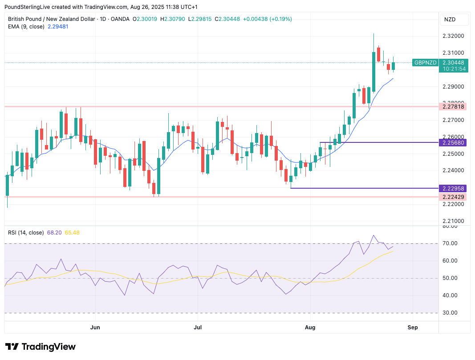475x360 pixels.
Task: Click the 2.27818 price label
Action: [453, 106]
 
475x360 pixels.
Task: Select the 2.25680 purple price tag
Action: [453, 142]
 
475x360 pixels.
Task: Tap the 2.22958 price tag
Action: [453, 188]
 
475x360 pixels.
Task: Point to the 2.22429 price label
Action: [453, 197]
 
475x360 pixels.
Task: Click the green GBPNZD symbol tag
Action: [425, 63]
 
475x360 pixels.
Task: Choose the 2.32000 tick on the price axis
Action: [453, 36]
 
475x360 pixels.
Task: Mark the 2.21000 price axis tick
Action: [453, 221]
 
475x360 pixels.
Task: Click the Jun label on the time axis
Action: [95, 328]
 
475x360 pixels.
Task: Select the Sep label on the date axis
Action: [413, 328]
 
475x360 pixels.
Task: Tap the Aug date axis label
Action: [310, 328]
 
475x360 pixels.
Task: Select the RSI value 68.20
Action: [54, 233]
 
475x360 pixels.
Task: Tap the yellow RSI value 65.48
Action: [72, 233]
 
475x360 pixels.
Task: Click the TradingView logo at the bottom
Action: [41, 347]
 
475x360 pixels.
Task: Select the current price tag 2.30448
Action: [453, 63]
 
